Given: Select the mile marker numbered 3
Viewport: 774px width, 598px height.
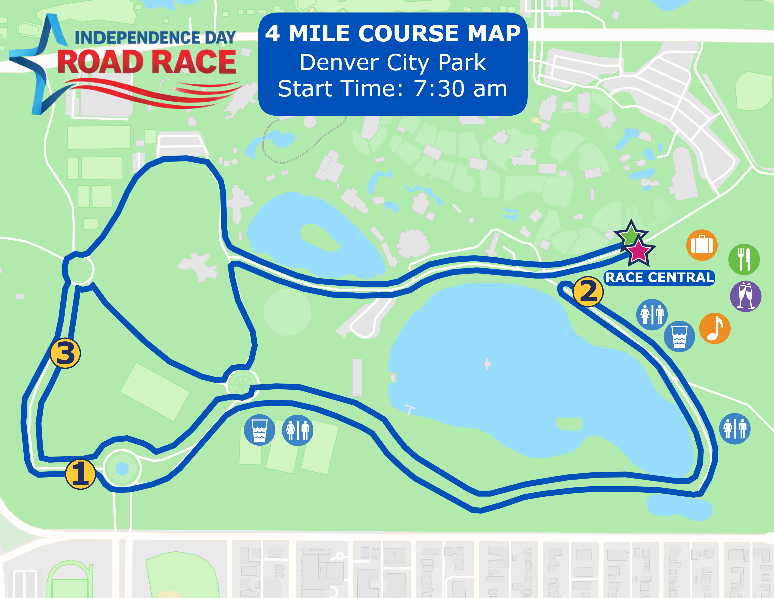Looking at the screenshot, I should [x=66, y=353].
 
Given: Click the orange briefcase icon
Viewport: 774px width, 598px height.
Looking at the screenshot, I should [x=702, y=245].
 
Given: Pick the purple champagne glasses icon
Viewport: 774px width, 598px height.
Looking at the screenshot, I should [x=746, y=296].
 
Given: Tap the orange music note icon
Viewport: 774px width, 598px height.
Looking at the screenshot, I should [x=715, y=329].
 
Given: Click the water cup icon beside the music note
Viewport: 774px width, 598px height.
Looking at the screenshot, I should [x=679, y=336].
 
